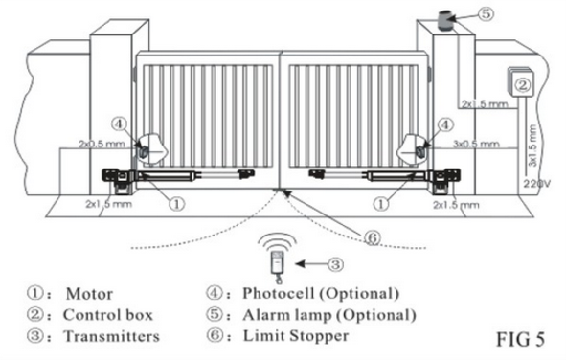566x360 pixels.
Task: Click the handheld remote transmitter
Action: [x=277, y=263]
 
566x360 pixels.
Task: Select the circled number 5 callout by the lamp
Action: [x=486, y=13]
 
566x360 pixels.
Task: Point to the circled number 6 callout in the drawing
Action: [x=372, y=237]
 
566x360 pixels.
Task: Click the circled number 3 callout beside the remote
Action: [x=335, y=264]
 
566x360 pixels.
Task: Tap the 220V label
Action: [x=536, y=184]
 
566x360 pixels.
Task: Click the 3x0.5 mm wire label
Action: [x=477, y=144]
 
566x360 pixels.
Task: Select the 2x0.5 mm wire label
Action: [x=102, y=144]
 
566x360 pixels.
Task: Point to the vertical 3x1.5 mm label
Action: [x=532, y=146]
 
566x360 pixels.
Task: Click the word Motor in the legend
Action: [x=89, y=294]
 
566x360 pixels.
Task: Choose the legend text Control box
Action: [x=108, y=315]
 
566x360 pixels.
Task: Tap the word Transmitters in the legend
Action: [x=111, y=336]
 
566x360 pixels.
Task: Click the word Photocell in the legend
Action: [x=279, y=293]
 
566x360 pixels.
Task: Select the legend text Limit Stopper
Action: [x=296, y=336]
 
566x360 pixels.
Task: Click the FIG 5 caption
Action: [x=520, y=339]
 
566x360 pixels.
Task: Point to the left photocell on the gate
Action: [x=144, y=152]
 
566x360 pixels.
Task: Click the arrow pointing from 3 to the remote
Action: [x=311, y=264]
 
